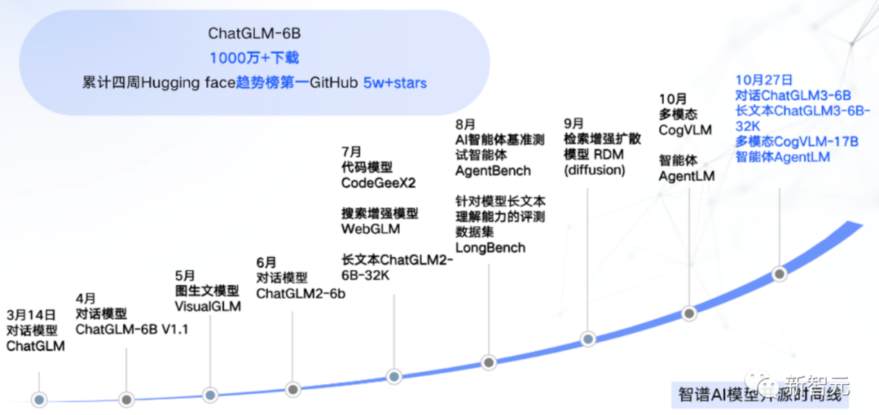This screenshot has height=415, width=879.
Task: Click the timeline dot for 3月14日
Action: [40, 399]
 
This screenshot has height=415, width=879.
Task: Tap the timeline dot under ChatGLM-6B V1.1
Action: [126, 399]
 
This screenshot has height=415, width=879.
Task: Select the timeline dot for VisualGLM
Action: [211, 395]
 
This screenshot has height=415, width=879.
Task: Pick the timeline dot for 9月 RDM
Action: [588, 339]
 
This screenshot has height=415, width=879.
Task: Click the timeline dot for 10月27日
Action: [780, 273]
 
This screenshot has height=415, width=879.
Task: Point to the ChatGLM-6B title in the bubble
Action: [254, 34]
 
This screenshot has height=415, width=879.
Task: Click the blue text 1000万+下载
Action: [254, 58]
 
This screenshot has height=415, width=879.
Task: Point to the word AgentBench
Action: [493, 171]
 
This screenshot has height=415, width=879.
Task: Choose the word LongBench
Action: [490, 248]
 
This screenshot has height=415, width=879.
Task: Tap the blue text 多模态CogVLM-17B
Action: [797, 142]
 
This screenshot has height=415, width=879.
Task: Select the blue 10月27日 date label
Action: [764, 81]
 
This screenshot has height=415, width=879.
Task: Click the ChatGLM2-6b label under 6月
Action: [300, 294]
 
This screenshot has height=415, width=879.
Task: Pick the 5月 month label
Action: [185, 275]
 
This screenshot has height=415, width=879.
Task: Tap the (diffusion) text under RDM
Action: [595, 170]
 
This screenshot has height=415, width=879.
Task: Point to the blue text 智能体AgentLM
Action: [783, 157]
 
